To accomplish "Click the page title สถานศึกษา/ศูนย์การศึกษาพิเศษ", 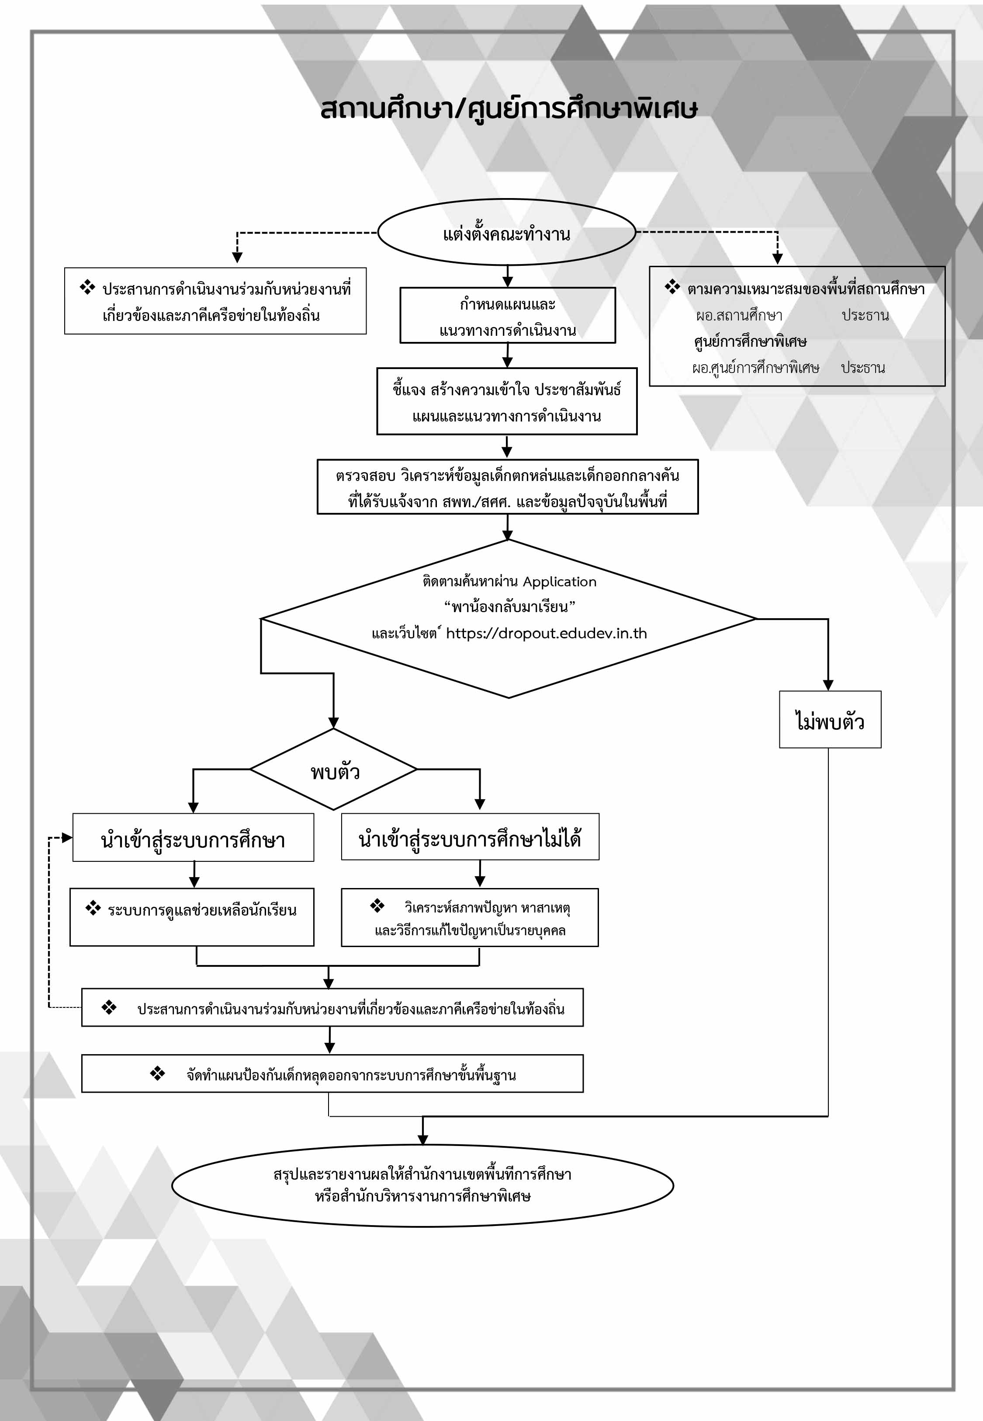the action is [509, 109].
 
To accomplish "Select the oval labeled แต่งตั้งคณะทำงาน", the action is [506, 232].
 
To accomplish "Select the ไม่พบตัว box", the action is [830, 720].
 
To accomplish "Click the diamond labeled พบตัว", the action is [333, 770].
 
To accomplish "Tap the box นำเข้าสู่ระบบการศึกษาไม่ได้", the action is [470, 837].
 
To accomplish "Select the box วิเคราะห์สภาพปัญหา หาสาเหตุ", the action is [470, 918].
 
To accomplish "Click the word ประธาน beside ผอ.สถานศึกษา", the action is [865, 316].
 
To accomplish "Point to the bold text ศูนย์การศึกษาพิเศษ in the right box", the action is [750, 342].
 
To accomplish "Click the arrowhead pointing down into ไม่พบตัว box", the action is [828, 685].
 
